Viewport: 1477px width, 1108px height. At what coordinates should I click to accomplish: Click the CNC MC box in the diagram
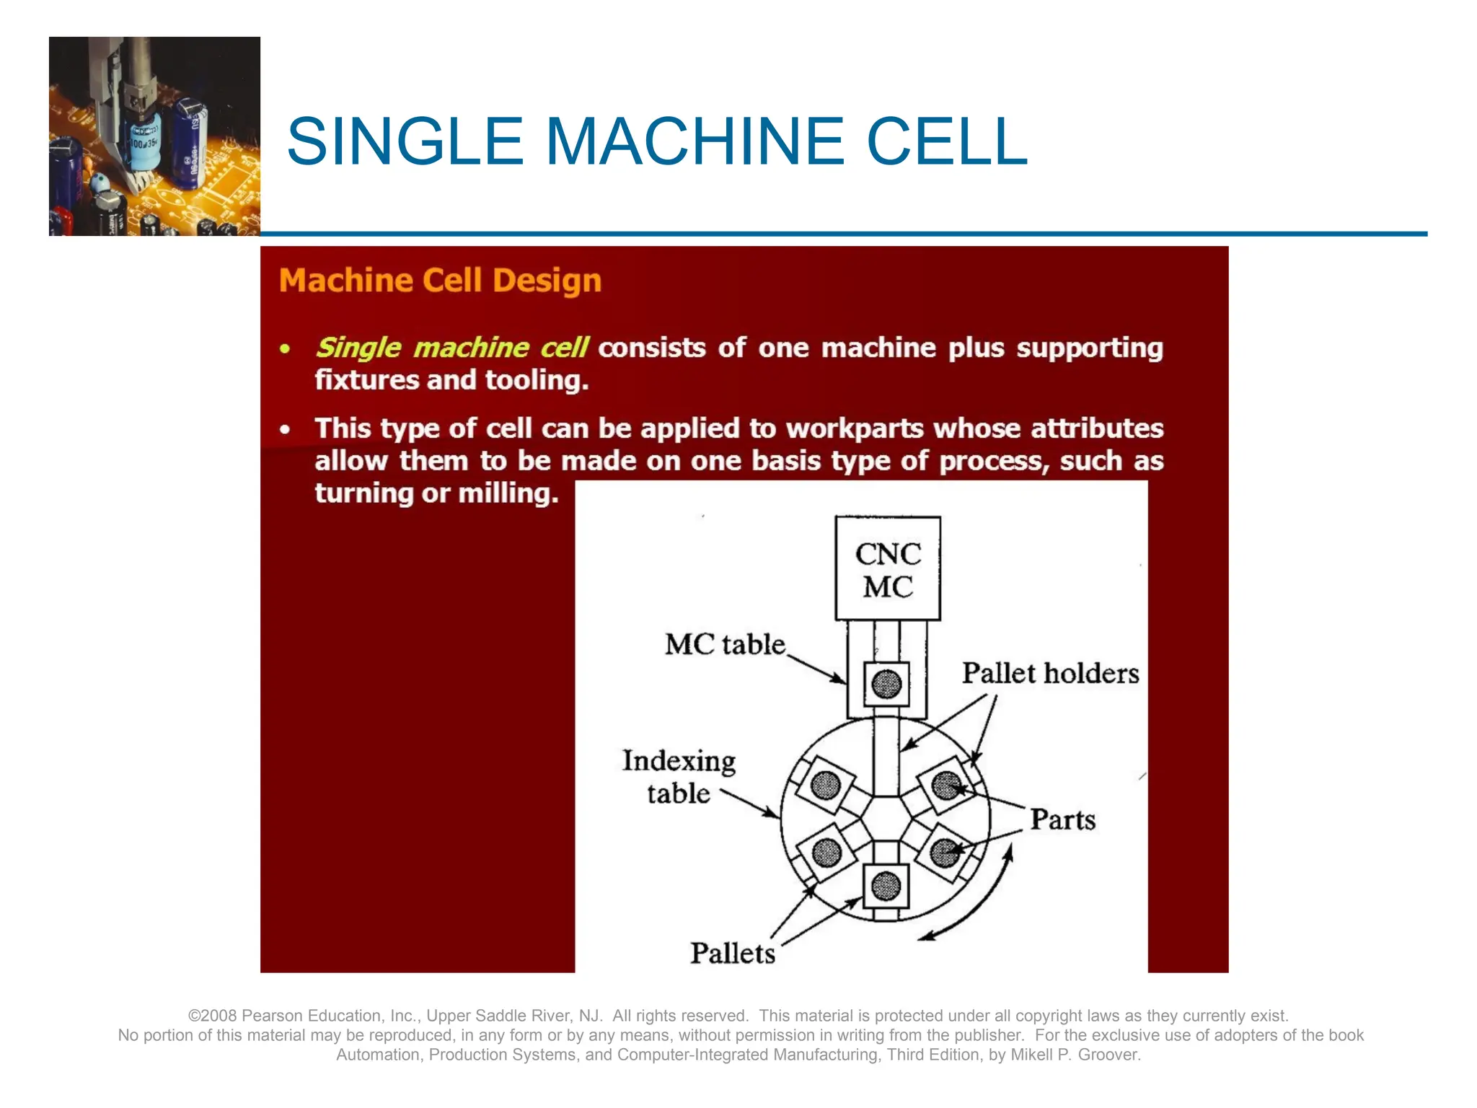click(x=887, y=568)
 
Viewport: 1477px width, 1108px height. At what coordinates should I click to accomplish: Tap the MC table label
click(x=724, y=644)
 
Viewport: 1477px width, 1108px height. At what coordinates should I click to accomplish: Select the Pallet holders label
click(x=1049, y=673)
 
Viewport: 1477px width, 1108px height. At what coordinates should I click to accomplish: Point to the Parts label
click(x=1062, y=819)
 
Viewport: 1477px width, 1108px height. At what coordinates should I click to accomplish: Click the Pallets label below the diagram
click(x=732, y=953)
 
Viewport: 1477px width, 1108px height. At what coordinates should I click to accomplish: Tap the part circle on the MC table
click(x=886, y=684)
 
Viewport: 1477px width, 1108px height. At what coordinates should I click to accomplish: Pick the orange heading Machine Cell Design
click(x=440, y=281)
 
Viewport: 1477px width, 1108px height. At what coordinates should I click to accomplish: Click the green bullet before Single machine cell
click(x=286, y=349)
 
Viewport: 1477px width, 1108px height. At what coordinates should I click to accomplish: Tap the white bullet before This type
click(x=286, y=430)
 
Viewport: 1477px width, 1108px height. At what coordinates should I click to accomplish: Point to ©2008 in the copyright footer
click(x=213, y=1016)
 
